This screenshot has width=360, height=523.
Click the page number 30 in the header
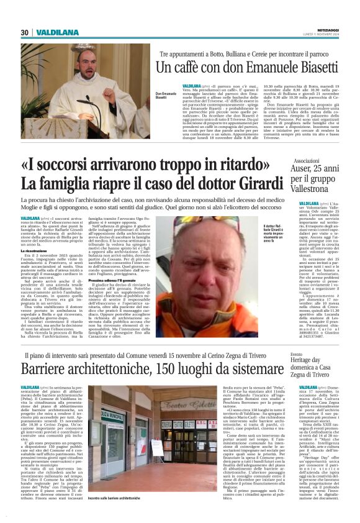25,32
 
